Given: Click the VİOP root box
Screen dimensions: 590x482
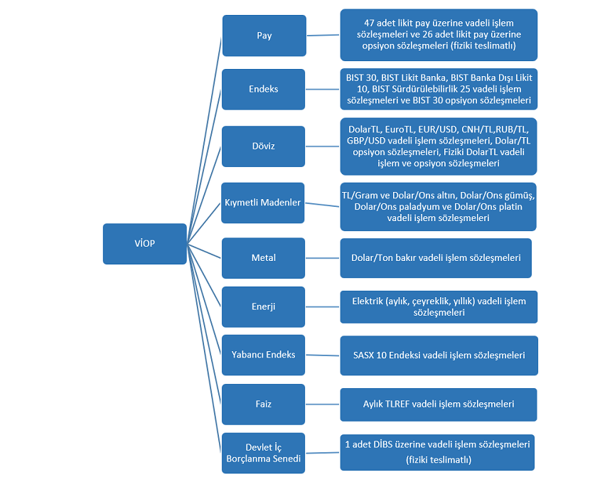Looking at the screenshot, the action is tap(145, 244).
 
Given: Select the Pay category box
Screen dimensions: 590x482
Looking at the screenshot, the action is tap(264, 36).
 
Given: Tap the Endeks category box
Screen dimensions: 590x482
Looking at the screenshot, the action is tap(264, 89).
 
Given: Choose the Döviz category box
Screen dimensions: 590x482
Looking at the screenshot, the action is tap(264, 146).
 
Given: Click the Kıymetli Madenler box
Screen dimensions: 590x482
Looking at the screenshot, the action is tap(262, 203).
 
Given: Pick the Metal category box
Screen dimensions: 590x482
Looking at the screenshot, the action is tap(264, 258).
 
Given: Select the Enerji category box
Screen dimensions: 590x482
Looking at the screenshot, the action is tap(264, 306).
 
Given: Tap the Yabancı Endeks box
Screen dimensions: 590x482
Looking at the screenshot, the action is tap(264, 355).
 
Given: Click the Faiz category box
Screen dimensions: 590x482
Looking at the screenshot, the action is tap(264, 405).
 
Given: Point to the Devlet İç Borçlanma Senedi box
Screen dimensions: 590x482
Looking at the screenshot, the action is tap(264, 453).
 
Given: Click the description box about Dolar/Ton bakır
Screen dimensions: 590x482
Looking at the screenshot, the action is tap(436, 258).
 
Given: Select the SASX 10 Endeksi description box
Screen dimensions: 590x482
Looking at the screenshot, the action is tap(439, 355).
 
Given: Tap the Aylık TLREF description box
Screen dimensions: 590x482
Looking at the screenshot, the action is tap(439, 405).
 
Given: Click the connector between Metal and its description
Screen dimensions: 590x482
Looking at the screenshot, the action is tap(323, 258).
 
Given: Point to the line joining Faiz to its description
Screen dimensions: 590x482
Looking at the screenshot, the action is tap(323, 405).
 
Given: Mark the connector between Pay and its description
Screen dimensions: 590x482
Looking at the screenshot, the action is tap(323, 36).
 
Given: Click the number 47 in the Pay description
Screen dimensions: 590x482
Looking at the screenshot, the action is tap(369, 23).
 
